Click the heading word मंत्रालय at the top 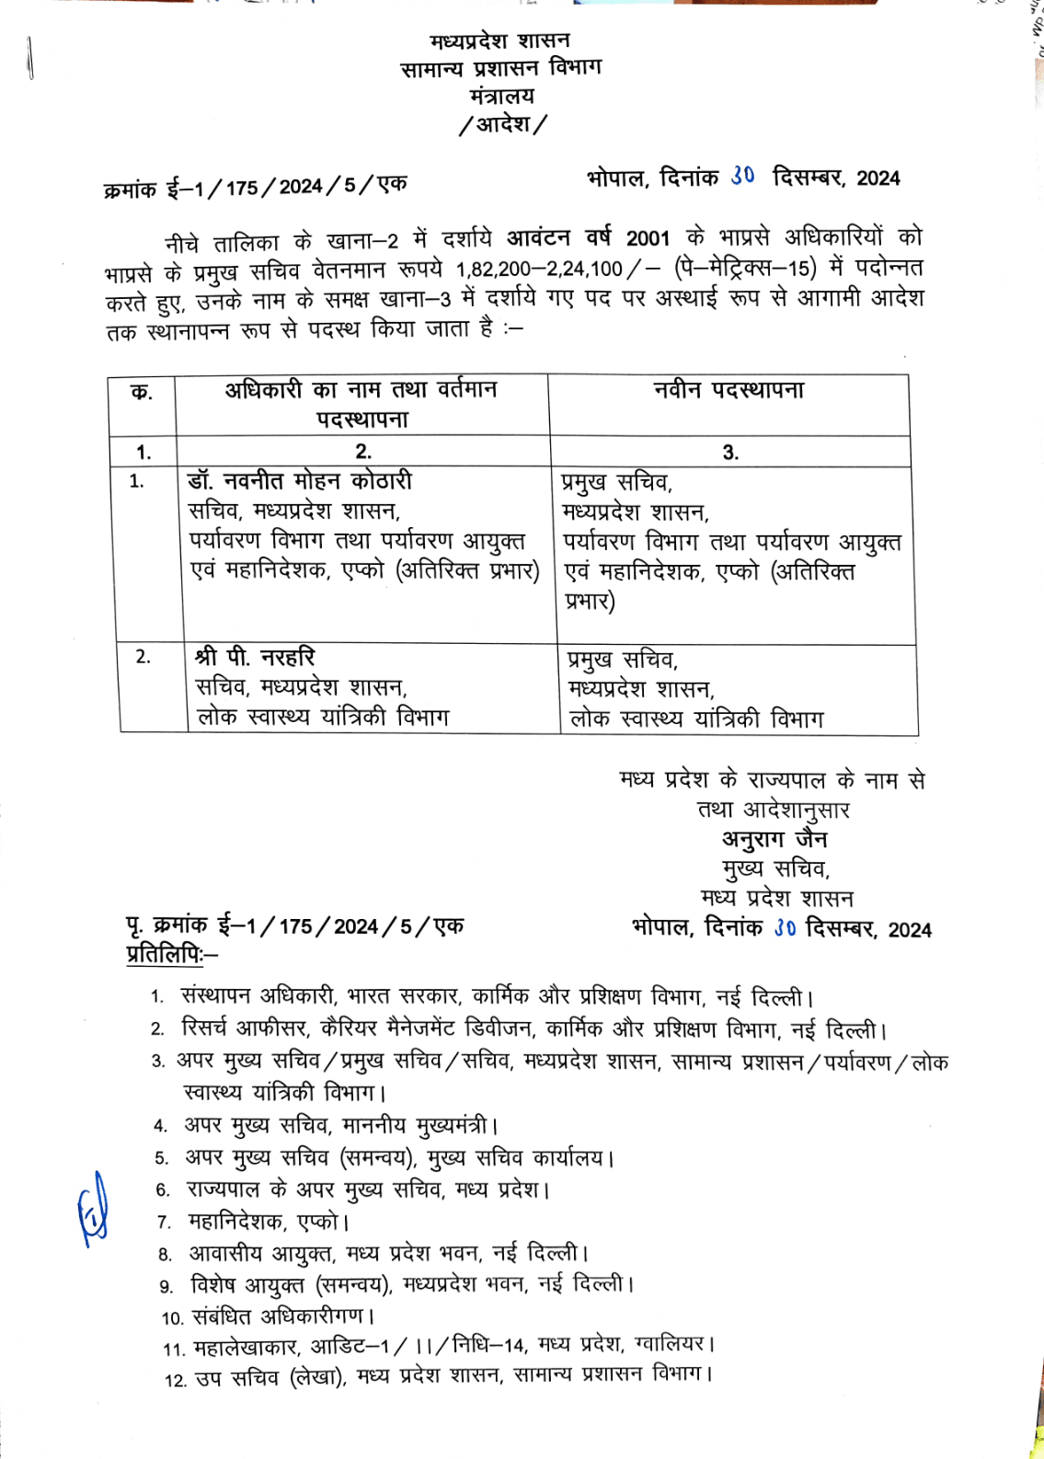tap(501, 96)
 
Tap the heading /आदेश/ tap(502, 124)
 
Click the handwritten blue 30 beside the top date tap(743, 175)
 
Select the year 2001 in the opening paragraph tap(648, 238)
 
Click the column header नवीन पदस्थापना tap(729, 390)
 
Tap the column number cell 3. tap(730, 452)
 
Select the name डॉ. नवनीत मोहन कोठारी tap(300, 481)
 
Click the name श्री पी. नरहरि tap(255, 657)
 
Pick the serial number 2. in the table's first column tap(143, 657)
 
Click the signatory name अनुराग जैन tap(774, 839)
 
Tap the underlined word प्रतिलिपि tap(166, 955)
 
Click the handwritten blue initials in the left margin tap(93, 1210)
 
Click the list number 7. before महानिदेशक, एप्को tap(165, 1222)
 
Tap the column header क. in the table tap(142, 393)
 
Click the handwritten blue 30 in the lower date tap(784, 927)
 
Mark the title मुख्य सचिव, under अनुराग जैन tap(775, 868)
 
